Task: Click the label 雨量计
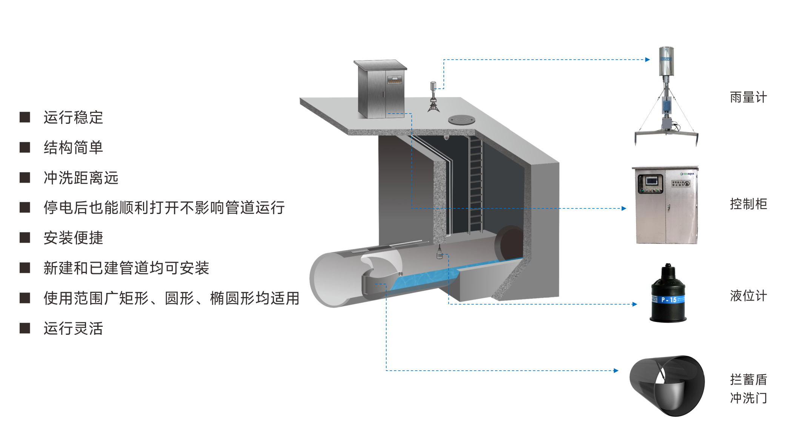(x=748, y=97)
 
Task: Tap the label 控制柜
(x=748, y=204)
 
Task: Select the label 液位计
(x=748, y=296)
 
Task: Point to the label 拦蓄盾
(x=748, y=380)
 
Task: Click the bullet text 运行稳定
(x=73, y=117)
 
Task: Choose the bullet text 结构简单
(x=73, y=148)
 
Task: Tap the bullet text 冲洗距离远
(x=81, y=178)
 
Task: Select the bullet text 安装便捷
(x=73, y=238)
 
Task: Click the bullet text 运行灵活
(x=73, y=328)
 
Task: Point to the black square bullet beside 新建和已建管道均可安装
(x=25, y=268)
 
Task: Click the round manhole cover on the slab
(x=461, y=120)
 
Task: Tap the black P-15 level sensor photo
(x=668, y=294)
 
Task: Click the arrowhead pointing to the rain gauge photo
(x=647, y=60)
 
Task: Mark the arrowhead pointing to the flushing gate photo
(x=616, y=371)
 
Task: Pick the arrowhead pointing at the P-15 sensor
(x=635, y=304)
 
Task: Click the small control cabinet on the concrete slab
(x=380, y=89)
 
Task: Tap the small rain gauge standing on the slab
(x=433, y=97)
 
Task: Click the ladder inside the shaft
(x=475, y=185)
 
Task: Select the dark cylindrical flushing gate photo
(x=667, y=385)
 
